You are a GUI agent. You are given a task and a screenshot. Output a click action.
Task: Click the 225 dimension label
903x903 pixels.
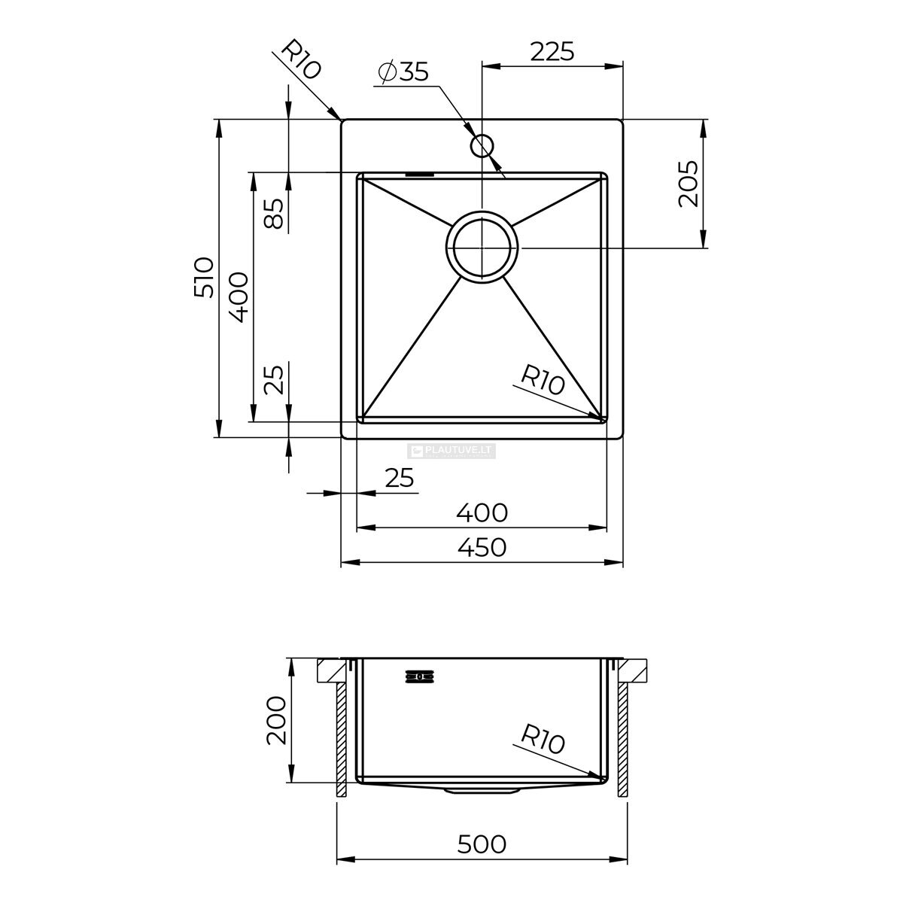point(552,52)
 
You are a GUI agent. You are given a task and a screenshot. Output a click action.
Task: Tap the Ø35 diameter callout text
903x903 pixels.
point(403,72)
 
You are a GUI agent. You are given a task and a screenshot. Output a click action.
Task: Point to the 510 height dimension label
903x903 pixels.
point(205,277)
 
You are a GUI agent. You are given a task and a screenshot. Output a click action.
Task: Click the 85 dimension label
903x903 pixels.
point(274,213)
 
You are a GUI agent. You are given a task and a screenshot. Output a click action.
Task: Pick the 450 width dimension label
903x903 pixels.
point(482,547)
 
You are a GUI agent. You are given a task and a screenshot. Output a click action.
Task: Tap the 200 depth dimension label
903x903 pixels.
point(276,727)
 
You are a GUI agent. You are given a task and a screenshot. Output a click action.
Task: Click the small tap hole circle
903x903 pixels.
point(482,145)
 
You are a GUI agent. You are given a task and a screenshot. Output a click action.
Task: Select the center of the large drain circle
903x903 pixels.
point(482,247)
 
